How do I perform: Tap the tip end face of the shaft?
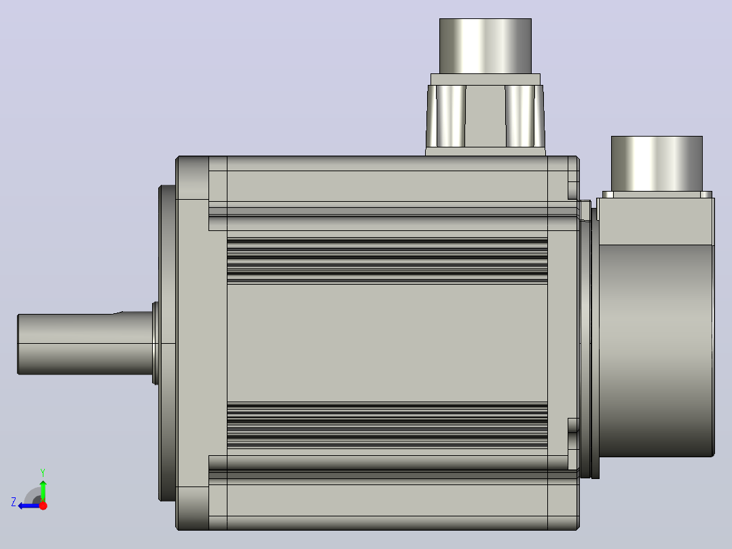[18, 344]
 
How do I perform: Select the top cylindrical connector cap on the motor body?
[486, 46]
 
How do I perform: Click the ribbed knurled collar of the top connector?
[486, 116]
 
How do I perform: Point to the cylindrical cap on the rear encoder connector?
[657, 164]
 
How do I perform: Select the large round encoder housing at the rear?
[656, 351]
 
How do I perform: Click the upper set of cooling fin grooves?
[387, 261]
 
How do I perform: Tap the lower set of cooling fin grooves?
[387, 425]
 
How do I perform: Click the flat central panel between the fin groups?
[387, 343]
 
